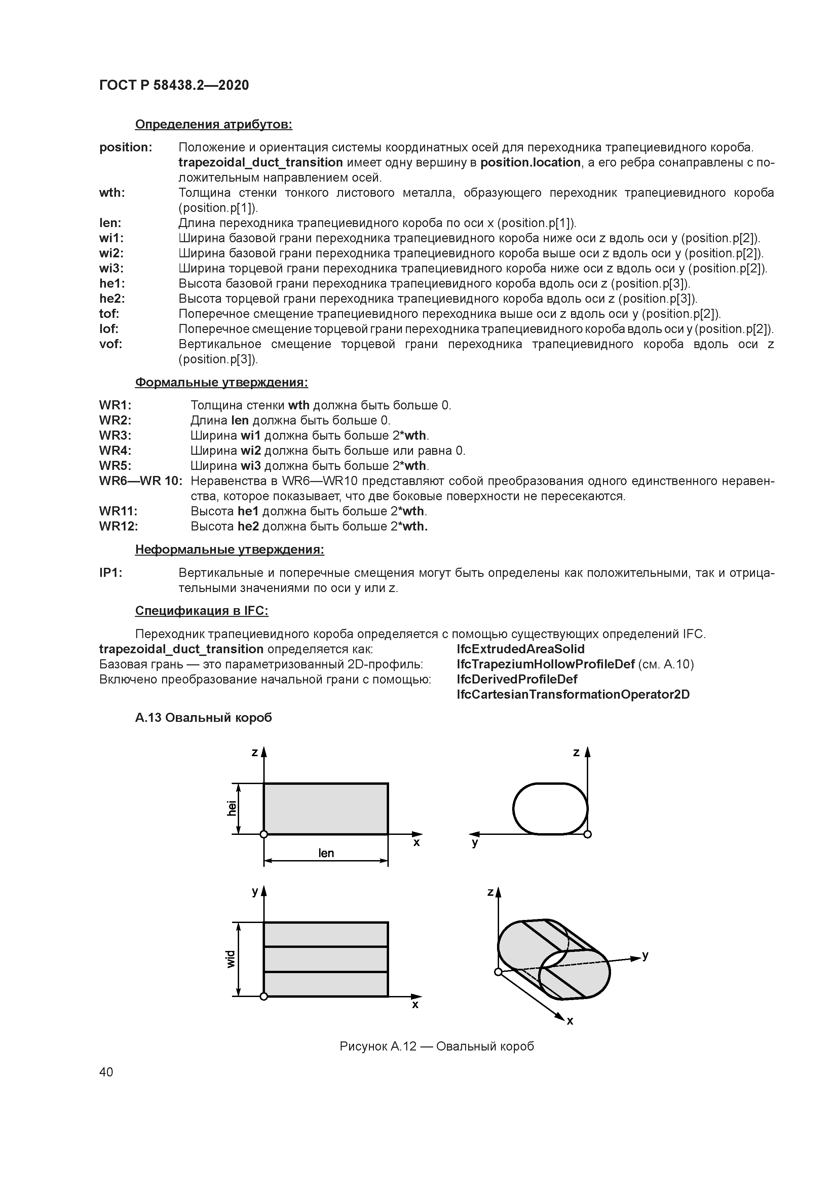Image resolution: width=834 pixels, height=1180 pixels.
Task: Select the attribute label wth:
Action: tap(112, 193)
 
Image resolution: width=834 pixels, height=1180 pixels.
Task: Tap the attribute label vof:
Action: tap(111, 344)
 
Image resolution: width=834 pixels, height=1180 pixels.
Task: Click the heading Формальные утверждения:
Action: tap(222, 383)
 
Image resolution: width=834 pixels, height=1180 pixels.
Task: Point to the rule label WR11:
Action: tap(118, 511)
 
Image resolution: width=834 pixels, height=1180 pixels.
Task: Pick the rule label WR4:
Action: tap(115, 451)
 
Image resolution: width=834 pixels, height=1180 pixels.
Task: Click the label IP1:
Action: tap(111, 573)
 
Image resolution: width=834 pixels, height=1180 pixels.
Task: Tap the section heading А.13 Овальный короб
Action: tap(203, 717)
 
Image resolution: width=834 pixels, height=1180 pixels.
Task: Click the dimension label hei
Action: tap(232, 808)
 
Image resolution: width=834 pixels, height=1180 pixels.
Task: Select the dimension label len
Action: tap(326, 853)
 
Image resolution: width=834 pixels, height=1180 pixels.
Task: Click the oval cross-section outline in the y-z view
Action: tap(514, 808)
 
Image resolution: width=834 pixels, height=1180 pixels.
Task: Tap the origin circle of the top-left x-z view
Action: tap(264, 834)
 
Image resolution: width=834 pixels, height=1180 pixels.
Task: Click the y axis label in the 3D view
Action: tap(645, 955)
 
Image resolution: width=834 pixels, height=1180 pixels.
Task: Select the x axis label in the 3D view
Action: tap(570, 1021)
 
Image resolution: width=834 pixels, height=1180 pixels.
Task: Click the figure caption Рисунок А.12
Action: tap(436, 1046)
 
